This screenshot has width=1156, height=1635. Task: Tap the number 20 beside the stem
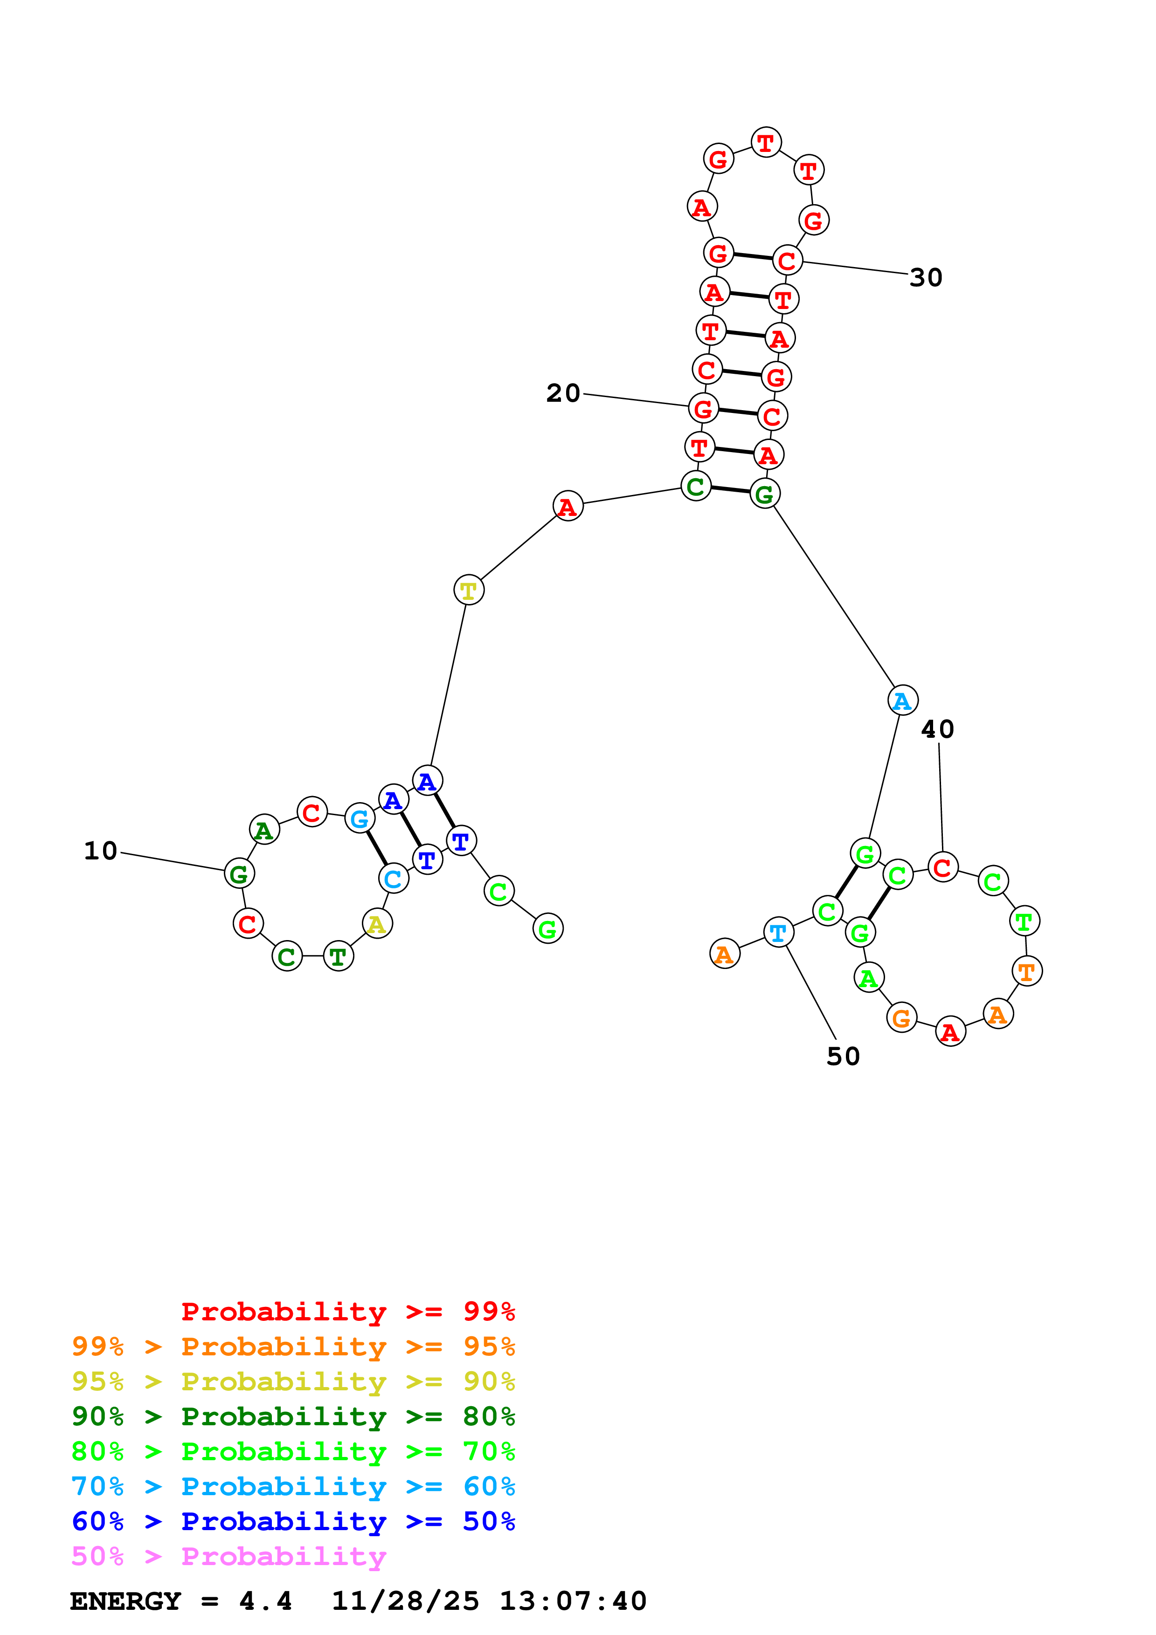click(563, 393)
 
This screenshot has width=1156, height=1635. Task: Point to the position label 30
click(926, 278)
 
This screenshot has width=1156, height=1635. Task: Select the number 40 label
click(937, 729)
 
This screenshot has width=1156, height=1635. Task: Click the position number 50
click(843, 1056)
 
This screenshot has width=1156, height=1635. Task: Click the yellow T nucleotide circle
click(469, 590)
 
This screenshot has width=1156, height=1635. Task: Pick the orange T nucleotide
click(1026, 970)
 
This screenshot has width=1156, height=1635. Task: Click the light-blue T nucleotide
click(778, 932)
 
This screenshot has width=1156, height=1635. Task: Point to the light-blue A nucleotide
click(902, 701)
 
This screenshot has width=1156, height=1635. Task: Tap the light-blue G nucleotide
click(360, 818)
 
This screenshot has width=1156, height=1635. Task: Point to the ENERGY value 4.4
click(265, 1601)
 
